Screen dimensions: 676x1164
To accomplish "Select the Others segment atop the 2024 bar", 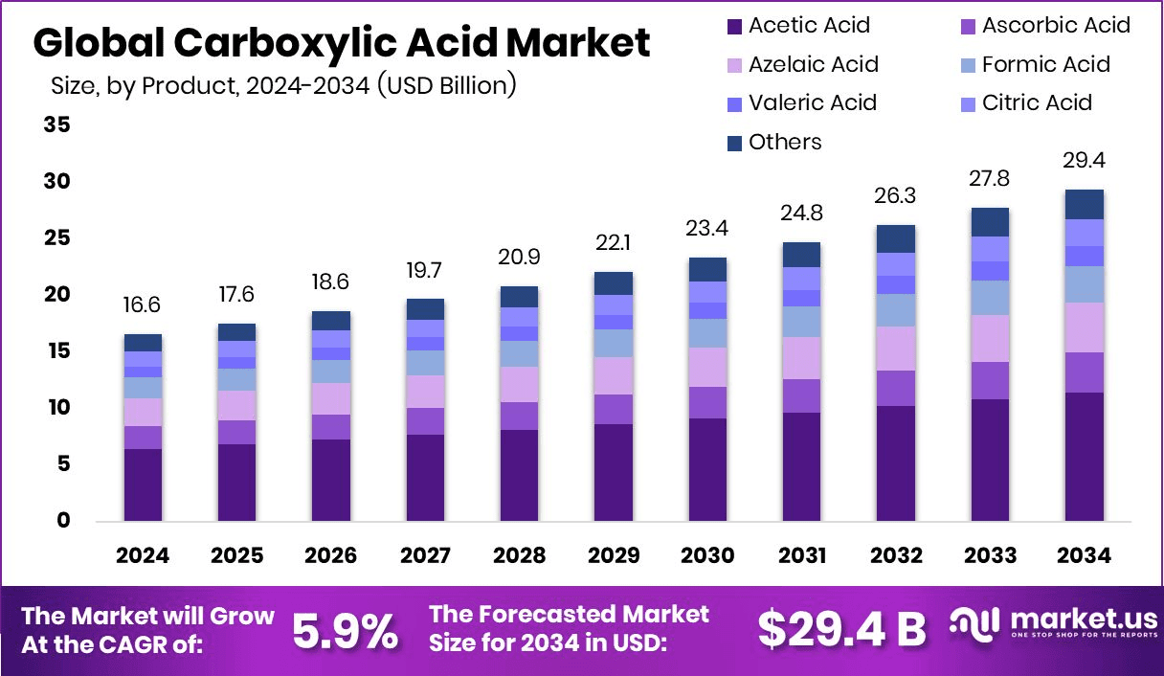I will pyautogui.click(x=144, y=343).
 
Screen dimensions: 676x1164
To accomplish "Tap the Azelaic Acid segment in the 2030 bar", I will pyautogui.click(x=708, y=367).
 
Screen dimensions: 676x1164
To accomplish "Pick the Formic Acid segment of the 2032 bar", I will pyautogui.click(x=896, y=310).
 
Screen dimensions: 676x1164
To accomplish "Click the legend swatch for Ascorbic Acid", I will pyautogui.click(x=968, y=26).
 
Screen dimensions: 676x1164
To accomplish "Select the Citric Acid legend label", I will pyautogui.click(x=1037, y=102).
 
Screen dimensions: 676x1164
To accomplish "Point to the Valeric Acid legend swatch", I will pyautogui.click(x=734, y=103).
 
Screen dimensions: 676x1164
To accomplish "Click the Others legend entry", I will pyautogui.click(x=785, y=142).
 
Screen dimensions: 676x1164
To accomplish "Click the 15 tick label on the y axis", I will pyautogui.click(x=57, y=351).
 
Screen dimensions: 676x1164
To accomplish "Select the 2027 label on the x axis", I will pyautogui.click(x=424, y=555).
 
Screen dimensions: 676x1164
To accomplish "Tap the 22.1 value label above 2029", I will pyautogui.click(x=614, y=243).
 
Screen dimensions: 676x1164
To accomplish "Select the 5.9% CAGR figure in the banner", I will pyautogui.click(x=345, y=630).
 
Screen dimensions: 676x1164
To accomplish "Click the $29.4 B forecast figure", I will pyautogui.click(x=842, y=629).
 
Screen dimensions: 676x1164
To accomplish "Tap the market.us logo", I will pyautogui.click(x=1053, y=624).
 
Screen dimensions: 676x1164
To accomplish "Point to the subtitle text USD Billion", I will pyautogui.click(x=445, y=85).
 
